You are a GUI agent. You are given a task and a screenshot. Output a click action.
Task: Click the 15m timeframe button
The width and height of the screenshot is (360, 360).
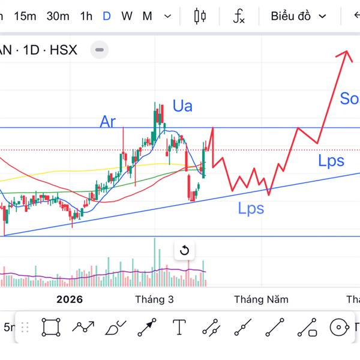click(x=25, y=16)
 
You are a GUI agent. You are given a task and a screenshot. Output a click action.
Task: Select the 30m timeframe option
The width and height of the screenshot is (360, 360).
click(x=58, y=16)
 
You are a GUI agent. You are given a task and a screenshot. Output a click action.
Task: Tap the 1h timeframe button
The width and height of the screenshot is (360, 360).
click(x=86, y=16)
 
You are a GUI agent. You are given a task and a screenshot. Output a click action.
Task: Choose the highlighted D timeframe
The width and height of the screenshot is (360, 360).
click(x=107, y=16)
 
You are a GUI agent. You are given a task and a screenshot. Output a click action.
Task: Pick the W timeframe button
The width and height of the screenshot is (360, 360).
click(x=127, y=16)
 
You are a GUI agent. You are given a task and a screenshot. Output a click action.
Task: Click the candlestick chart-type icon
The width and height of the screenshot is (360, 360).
click(x=200, y=16)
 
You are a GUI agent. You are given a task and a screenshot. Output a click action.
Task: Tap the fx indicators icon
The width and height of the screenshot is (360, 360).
click(x=239, y=16)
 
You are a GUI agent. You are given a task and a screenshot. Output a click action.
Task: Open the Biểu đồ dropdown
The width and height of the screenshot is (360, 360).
click(x=298, y=16)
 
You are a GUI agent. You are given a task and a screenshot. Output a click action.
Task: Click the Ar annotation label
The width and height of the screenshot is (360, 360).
click(x=107, y=122)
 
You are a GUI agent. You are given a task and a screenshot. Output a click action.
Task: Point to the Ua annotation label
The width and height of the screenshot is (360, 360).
click(x=182, y=106)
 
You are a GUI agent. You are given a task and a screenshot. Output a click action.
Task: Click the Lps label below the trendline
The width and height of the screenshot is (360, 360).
click(x=251, y=209)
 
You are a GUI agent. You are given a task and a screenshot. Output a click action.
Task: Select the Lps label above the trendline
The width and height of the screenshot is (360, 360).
click(x=331, y=160)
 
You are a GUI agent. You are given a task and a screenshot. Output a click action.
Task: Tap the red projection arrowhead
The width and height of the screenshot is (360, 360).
click(x=346, y=54)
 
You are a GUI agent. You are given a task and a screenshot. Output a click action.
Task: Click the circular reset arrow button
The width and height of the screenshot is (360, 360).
click(x=185, y=250)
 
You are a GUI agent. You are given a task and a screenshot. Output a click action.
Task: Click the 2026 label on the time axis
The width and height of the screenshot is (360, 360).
click(x=70, y=299)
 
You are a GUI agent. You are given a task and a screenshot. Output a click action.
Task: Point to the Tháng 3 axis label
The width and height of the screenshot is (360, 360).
click(x=154, y=299)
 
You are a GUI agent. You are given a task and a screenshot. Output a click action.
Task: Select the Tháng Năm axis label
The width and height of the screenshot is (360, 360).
click(x=261, y=299)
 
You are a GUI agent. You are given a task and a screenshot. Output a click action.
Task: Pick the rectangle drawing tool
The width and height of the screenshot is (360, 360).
click(x=51, y=327)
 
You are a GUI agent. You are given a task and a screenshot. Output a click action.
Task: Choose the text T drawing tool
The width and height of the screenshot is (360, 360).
click(x=179, y=327)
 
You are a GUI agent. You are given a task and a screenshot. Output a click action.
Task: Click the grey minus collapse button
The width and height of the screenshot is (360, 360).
click(x=100, y=50)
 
